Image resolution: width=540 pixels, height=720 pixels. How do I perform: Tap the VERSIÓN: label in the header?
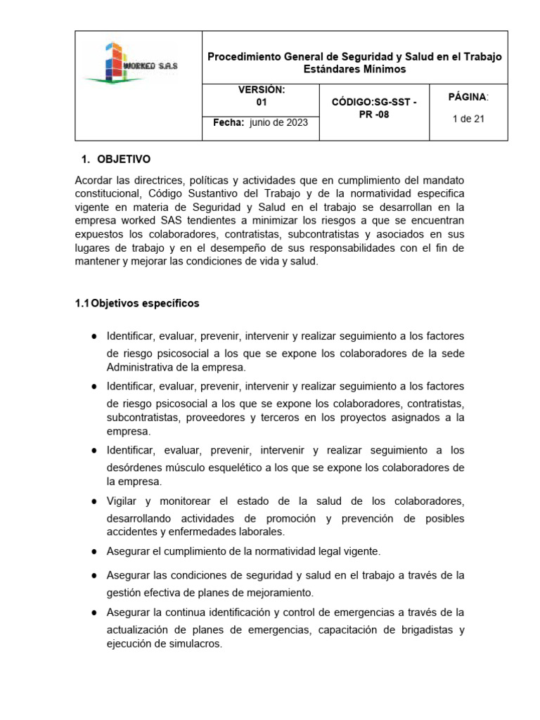click(x=261, y=90)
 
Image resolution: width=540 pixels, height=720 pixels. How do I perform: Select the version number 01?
click(x=261, y=102)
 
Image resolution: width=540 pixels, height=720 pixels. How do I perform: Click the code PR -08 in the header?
click(x=373, y=115)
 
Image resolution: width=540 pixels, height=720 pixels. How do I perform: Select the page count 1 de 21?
click(x=468, y=119)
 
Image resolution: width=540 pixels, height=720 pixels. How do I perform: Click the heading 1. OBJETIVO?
click(x=117, y=160)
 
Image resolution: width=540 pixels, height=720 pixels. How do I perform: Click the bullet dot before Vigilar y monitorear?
click(x=94, y=501)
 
